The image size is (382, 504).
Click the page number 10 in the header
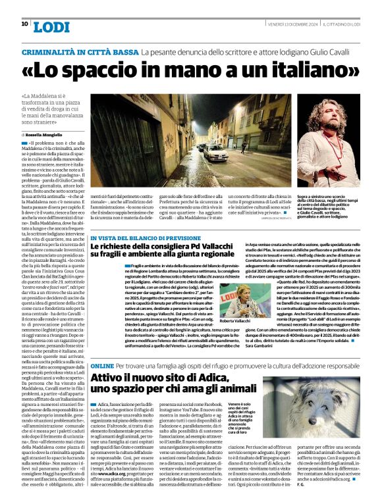[x=24, y=24]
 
